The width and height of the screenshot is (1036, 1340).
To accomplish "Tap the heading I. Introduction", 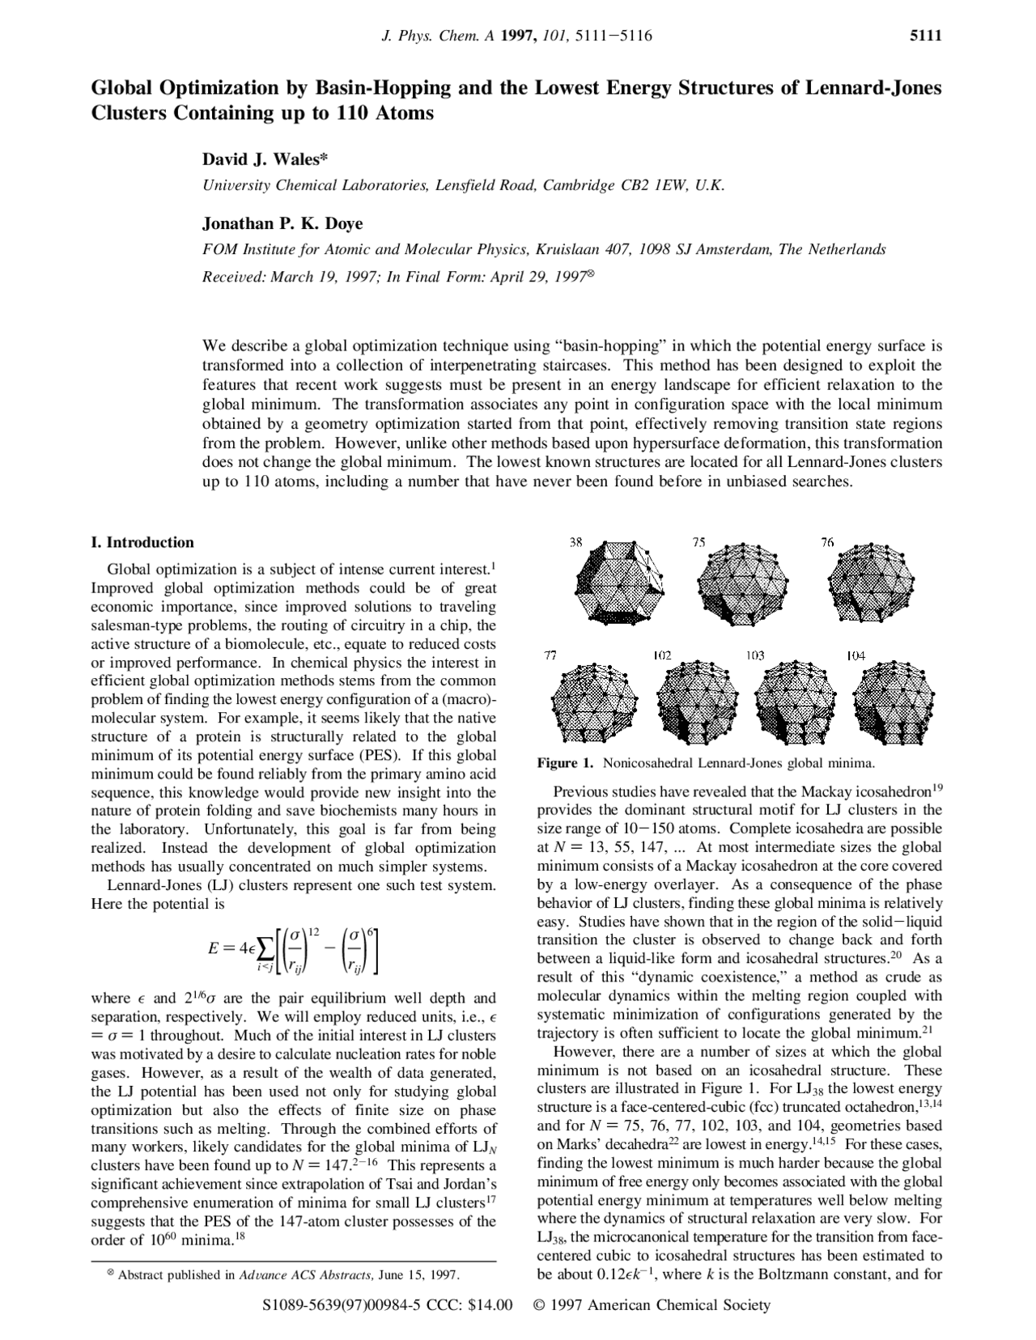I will pyautogui.click(x=142, y=542).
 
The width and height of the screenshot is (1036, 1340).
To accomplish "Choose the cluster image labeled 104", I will pyautogui.click(x=889, y=702).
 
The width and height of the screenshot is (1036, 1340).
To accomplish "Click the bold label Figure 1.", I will pyautogui.click(x=566, y=762).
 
